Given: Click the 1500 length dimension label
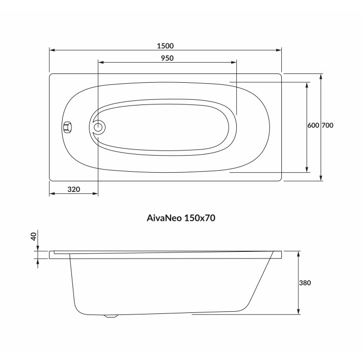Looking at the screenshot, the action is pyautogui.click(x=165, y=46).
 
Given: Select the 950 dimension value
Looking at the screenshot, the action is pyautogui.click(x=167, y=58).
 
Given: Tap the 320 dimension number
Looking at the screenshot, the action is pyautogui.click(x=73, y=189).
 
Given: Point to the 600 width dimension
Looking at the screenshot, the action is pyautogui.click(x=313, y=125).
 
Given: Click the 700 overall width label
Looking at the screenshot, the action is pyautogui.click(x=327, y=125).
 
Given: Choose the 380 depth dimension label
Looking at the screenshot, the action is pyautogui.click(x=305, y=283).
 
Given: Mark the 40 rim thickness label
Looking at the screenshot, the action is pyautogui.click(x=34, y=236).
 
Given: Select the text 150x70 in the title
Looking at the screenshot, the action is pyautogui.click(x=200, y=218).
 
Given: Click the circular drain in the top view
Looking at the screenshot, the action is pyautogui.click(x=98, y=127).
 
